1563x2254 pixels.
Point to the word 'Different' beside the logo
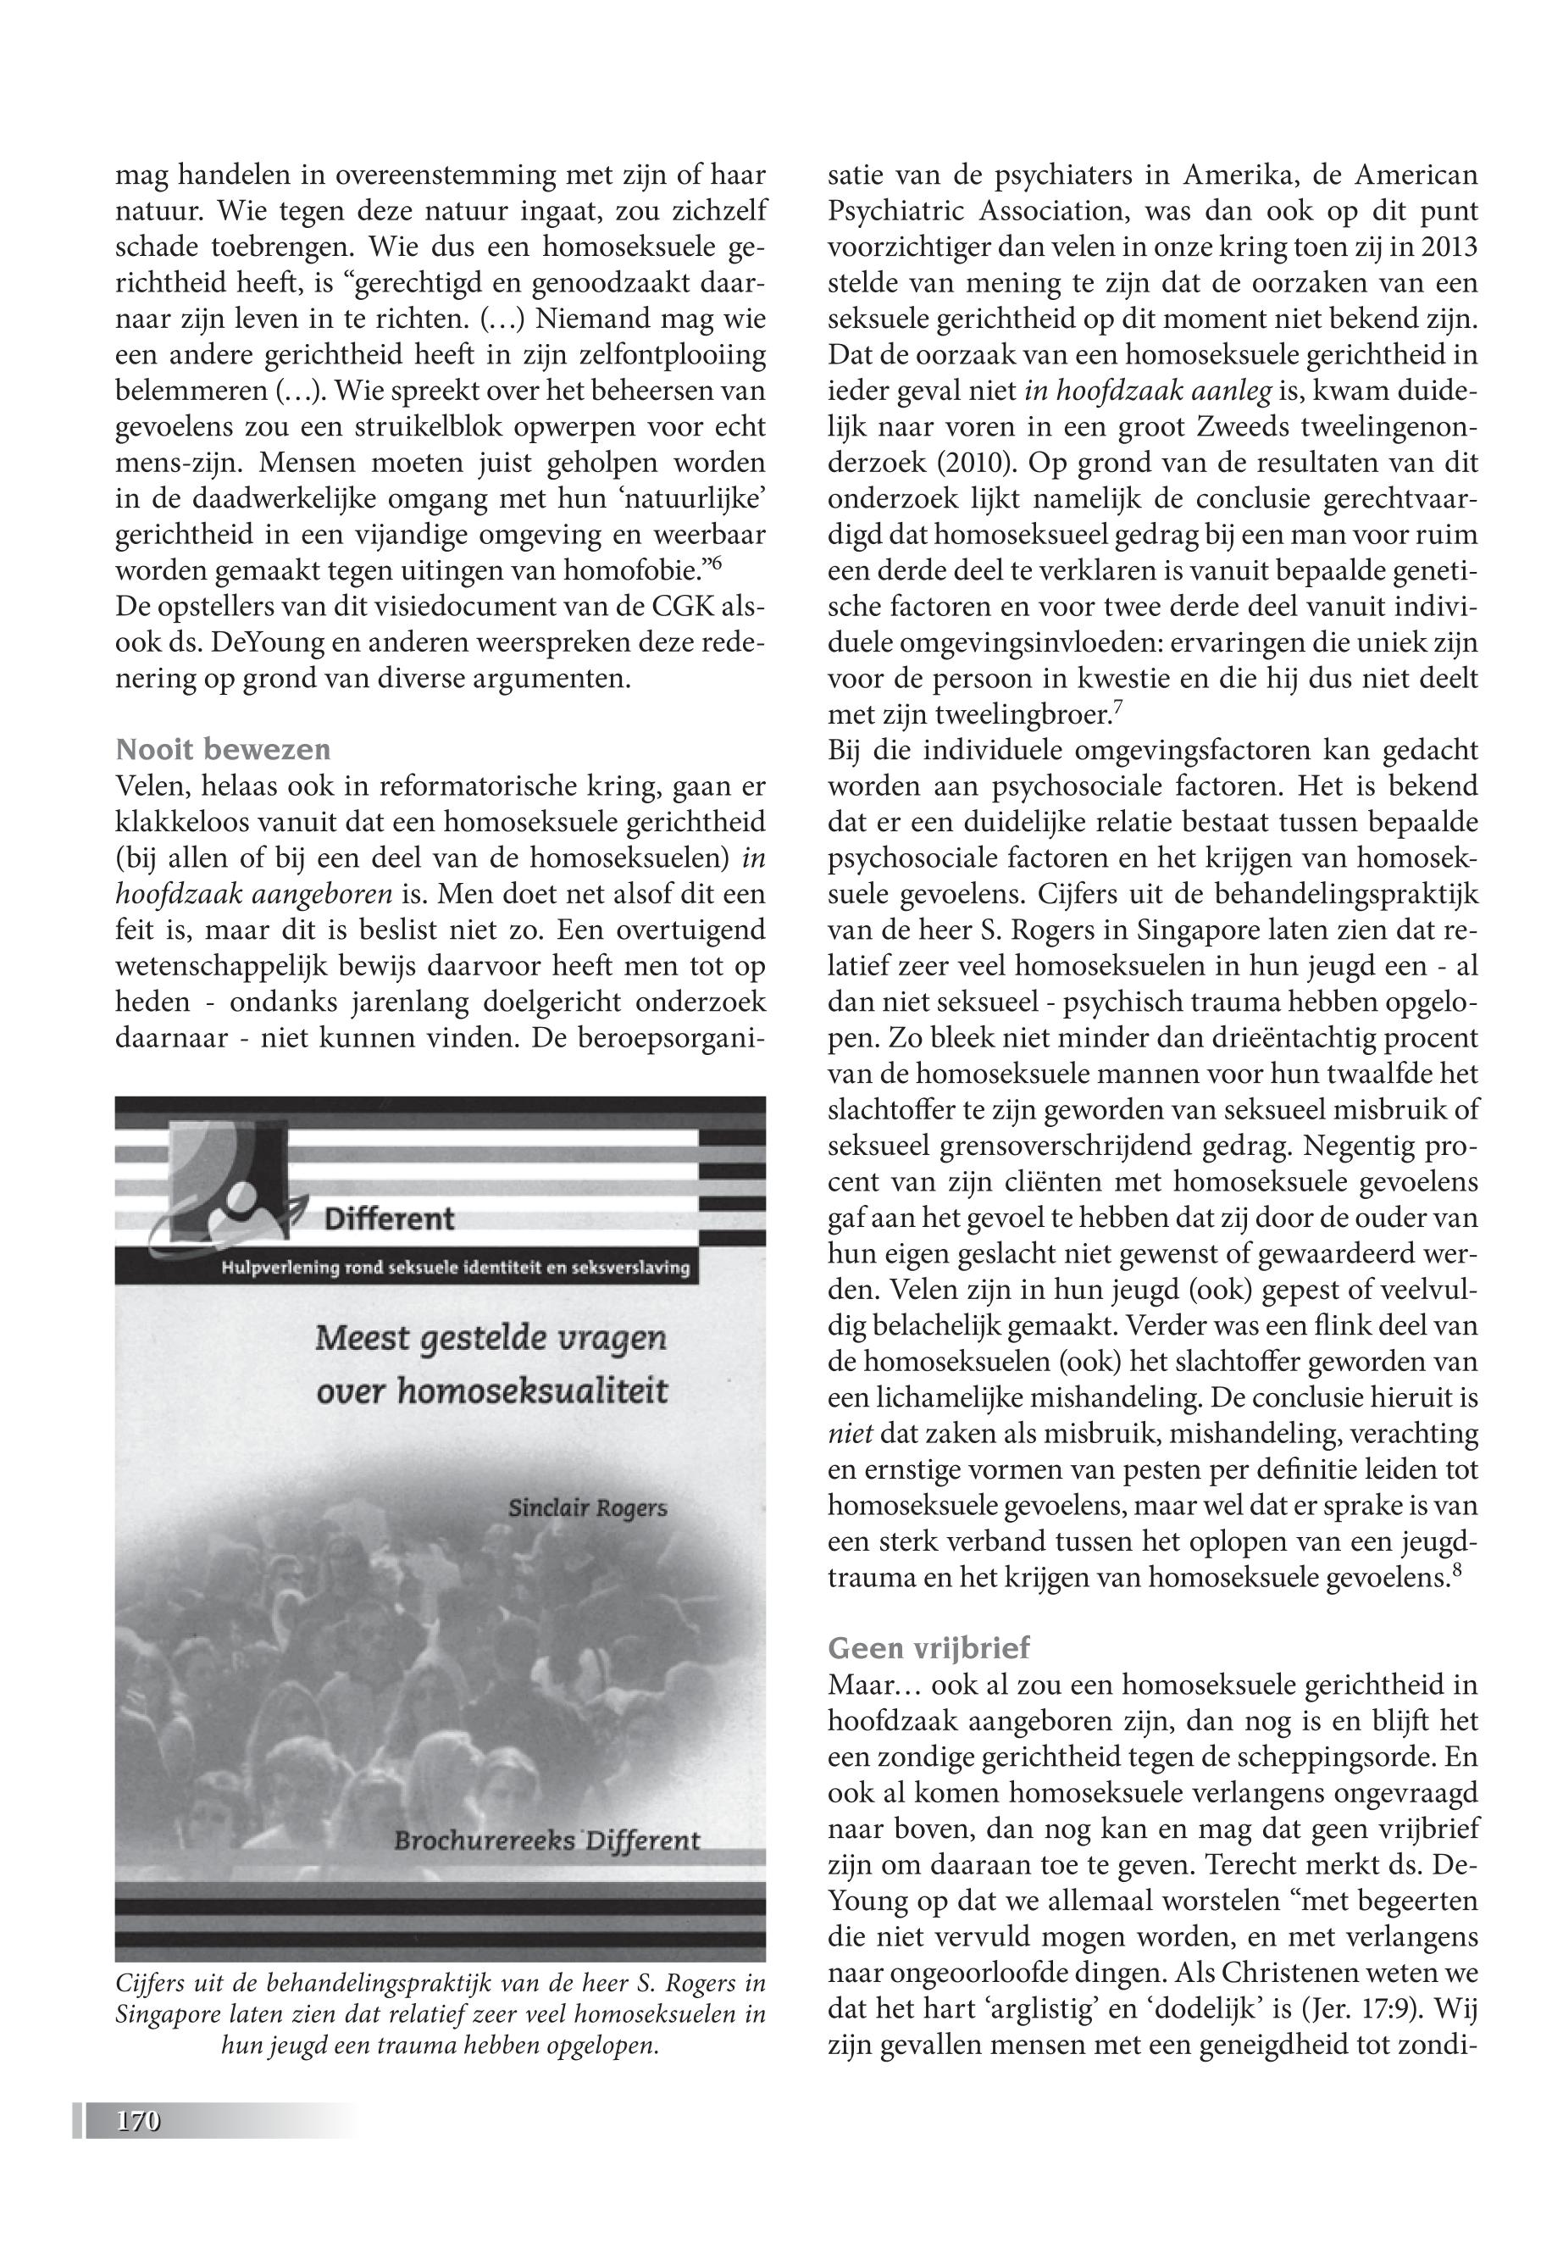coord(389,1219)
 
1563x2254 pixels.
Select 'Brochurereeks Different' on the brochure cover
coord(547,1840)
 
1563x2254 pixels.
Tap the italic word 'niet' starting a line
coord(850,1435)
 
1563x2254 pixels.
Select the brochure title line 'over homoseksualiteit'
coord(491,1391)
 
